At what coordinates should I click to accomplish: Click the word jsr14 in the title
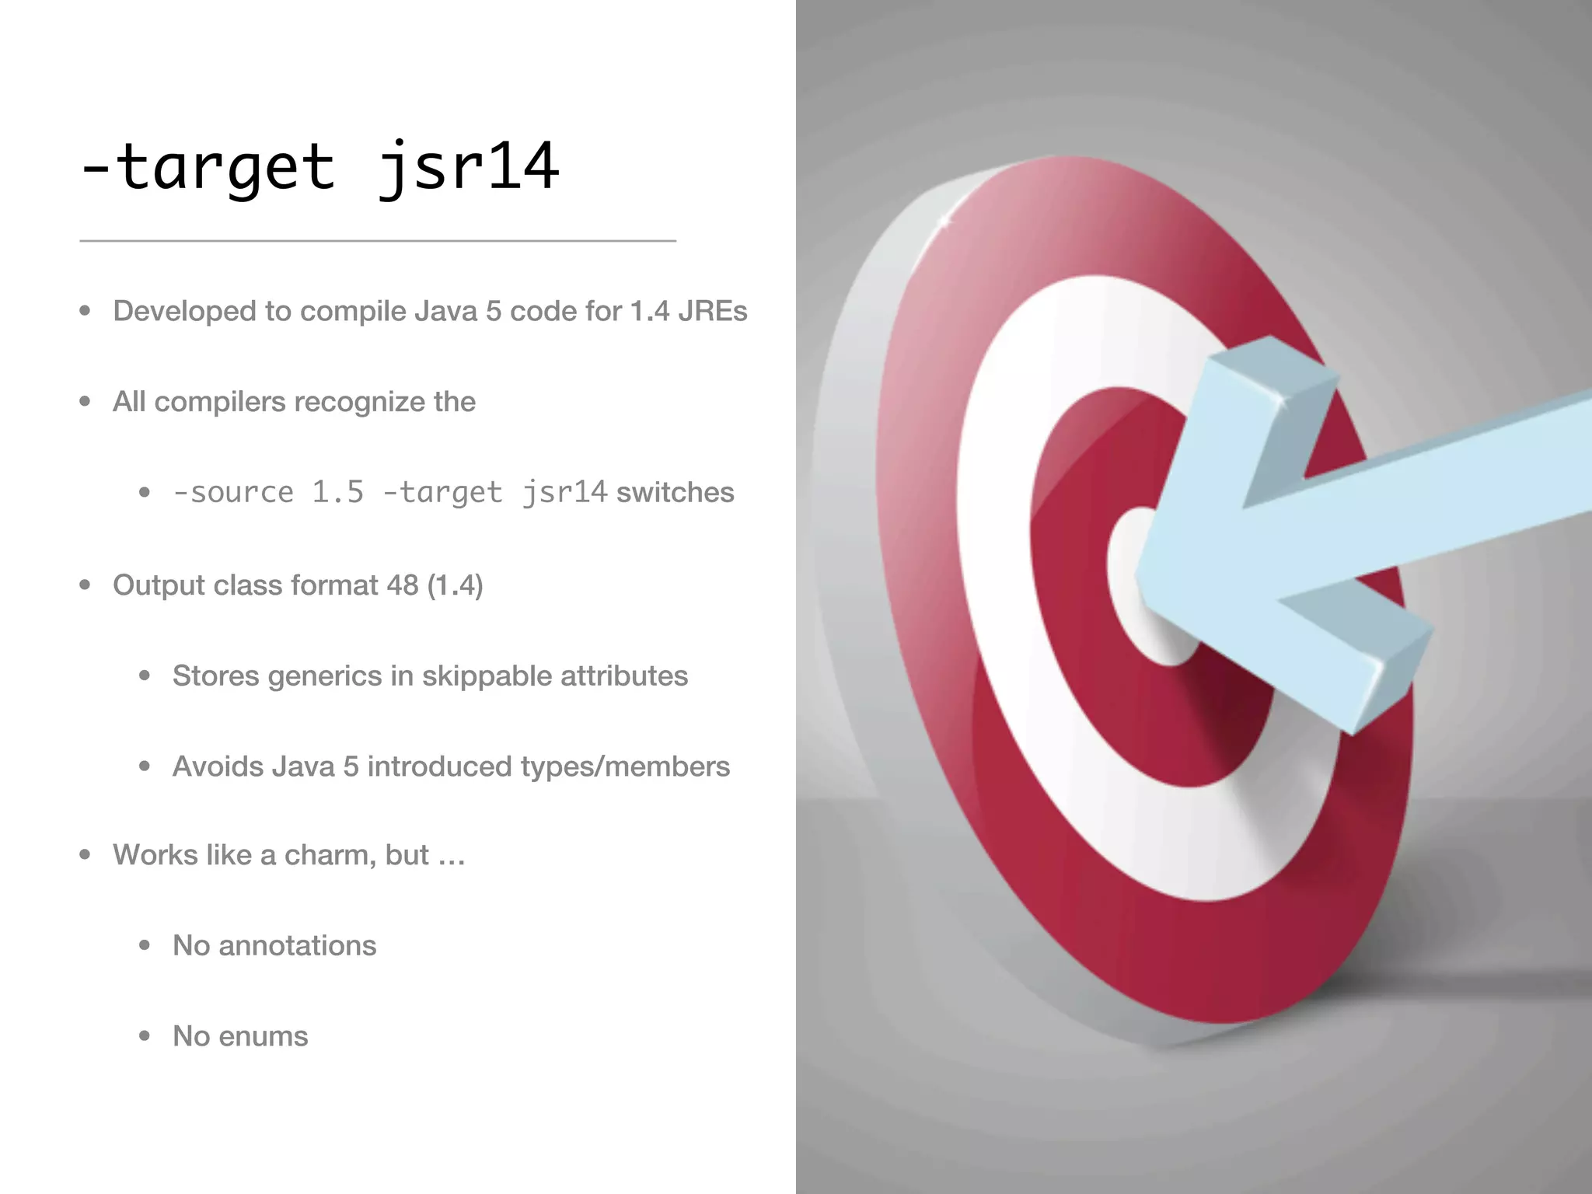pos(468,167)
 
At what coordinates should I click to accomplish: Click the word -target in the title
pos(208,167)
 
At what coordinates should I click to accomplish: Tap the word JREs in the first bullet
pos(712,311)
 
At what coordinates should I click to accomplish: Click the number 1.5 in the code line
pos(337,492)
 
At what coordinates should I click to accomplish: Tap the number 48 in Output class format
pos(402,585)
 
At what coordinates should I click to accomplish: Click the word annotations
pos(297,945)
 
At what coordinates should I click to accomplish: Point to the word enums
pos(263,1036)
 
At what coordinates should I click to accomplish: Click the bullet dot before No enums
pos(145,1036)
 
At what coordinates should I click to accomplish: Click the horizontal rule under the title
pos(378,241)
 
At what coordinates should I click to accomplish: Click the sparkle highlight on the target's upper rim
pos(944,222)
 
